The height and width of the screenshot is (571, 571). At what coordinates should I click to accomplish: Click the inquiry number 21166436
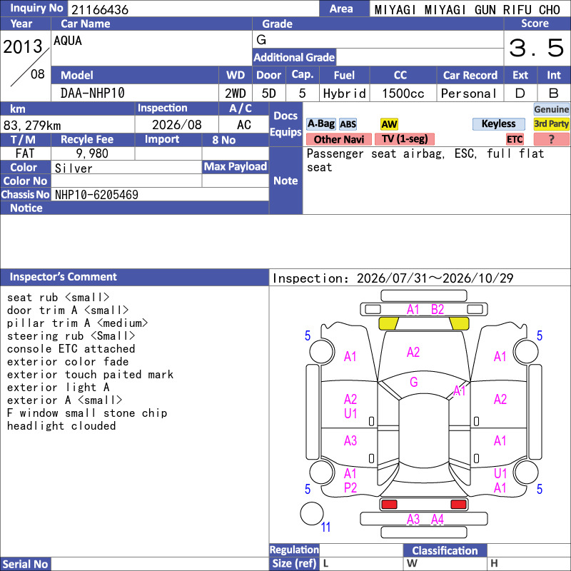coord(100,9)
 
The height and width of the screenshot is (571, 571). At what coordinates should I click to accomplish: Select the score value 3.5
coord(536,48)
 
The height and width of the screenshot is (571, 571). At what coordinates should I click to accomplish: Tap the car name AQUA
coord(68,41)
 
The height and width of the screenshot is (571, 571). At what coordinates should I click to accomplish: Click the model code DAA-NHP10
coord(93,94)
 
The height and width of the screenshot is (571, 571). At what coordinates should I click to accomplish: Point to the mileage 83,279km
coord(32,126)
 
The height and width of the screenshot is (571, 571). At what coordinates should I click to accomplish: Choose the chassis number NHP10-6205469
coord(96,195)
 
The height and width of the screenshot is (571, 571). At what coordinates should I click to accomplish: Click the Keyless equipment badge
coord(498,123)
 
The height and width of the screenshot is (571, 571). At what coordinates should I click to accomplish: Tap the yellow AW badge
coord(389,124)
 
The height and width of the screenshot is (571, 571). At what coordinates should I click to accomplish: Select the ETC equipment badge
coord(515,139)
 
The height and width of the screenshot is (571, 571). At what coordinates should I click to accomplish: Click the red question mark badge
coord(551,139)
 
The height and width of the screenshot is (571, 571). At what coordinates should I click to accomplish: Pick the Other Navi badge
coord(338,139)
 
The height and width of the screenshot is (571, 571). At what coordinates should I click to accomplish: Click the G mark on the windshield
coord(414,382)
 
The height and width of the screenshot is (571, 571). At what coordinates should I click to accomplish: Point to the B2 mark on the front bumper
coord(438,310)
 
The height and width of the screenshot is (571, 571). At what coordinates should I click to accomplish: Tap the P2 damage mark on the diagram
coord(350,487)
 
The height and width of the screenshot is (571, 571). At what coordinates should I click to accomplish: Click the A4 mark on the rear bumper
coord(438,520)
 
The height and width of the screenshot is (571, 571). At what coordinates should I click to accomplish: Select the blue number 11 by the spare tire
coord(325,527)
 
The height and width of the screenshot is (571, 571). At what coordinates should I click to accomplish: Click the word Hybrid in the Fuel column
coord(344,94)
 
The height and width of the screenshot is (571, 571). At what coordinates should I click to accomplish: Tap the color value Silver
coord(74,168)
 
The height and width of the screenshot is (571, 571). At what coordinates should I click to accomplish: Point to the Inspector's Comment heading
coord(63,277)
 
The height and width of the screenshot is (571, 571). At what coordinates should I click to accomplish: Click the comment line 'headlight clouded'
coord(61,425)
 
